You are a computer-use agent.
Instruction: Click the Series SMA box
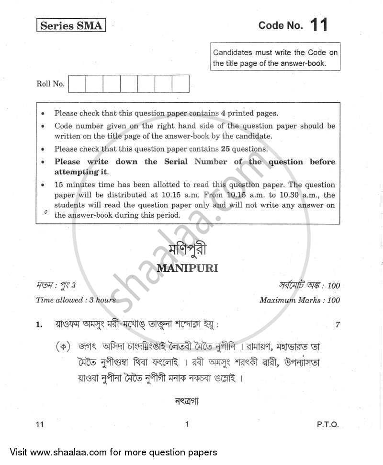pyautogui.click(x=71, y=26)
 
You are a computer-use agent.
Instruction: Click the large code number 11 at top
pyautogui.click(x=318, y=24)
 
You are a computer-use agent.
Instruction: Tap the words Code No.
pyautogui.click(x=281, y=26)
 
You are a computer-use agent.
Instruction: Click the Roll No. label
pyautogui.click(x=50, y=84)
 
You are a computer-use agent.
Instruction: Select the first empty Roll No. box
pyautogui.click(x=78, y=84)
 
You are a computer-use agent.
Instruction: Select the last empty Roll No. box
pyautogui.click(x=180, y=84)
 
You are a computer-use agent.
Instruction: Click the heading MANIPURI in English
pyautogui.click(x=187, y=268)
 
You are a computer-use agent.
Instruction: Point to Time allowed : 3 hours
pyautogui.click(x=76, y=300)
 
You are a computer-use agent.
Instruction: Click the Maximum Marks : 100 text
pyautogui.click(x=300, y=300)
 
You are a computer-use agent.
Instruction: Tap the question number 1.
pyautogui.click(x=39, y=325)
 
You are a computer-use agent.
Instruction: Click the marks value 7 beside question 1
pyautogui.click(x=338, y=325)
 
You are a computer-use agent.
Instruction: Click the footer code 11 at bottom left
pyautogui.click(x=40, y=424)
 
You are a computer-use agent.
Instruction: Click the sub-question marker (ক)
pyautogui.click(x=64, y=347)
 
